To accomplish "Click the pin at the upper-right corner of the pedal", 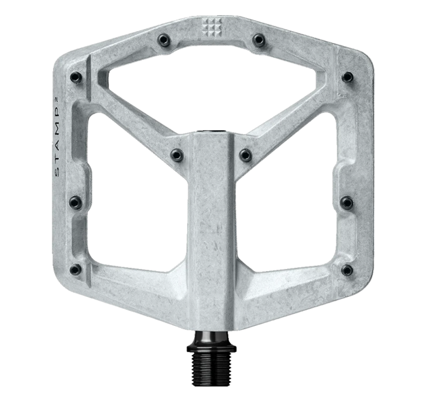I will click(x=347, y=77).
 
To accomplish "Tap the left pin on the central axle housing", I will click(x=176, y=153).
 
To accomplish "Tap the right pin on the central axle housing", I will click(x=244, y=153).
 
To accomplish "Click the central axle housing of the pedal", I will click(x=210, y=221).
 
